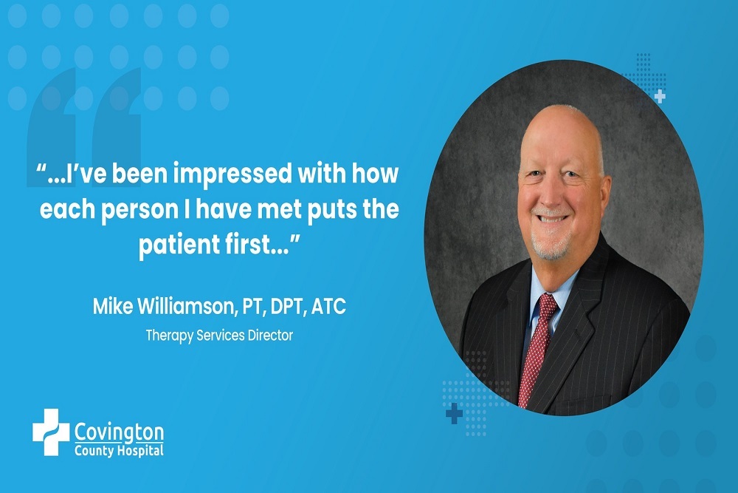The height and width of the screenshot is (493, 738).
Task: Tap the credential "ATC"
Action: coord(328,307)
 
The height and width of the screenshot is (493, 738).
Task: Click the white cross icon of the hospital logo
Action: coord(50,432)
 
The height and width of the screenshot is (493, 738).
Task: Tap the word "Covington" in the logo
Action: coord(119,432)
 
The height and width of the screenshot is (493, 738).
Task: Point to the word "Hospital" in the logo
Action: coord(138,450)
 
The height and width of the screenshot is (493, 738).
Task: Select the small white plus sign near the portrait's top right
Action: coord(660,96)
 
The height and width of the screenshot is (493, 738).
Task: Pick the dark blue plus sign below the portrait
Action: coord(454,414)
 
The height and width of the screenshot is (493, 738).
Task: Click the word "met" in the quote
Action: coord(288,211)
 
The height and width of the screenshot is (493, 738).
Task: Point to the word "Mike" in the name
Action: coord(111,307)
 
